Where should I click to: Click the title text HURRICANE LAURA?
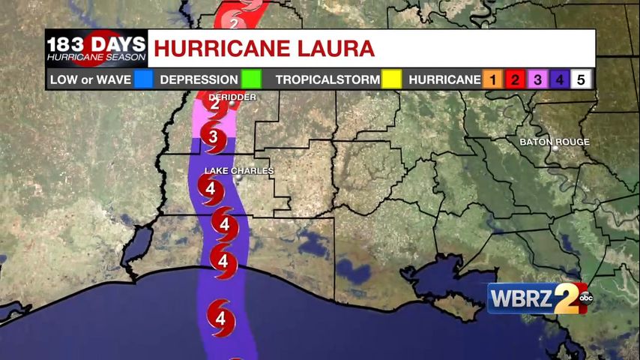[x=264, y=49]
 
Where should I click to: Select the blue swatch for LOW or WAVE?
[x=143, y=79]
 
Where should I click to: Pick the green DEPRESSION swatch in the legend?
[x=251, y=79]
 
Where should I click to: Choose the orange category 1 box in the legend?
[x=493, y=79]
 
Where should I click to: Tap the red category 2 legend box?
[x=516, y=79]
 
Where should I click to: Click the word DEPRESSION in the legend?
[x=199, y=79]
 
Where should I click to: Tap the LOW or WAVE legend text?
[x=90, y=79]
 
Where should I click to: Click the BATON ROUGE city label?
[x=555, y=142]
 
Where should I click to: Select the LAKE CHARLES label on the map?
[x=239, y=171]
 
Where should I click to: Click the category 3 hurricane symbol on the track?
[x=214, y=138]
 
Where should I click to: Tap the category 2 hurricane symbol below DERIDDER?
[x=216, y=106]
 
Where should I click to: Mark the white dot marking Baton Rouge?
[x=555, y=148]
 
